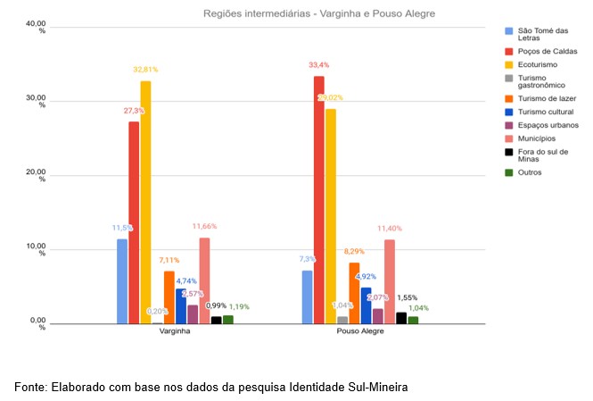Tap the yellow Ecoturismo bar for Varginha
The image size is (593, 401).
click(x=145, y=202)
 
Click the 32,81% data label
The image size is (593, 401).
click(x=148, y=69)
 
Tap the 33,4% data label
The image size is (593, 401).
click(x=319, y=65)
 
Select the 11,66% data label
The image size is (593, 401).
click(x=204, y=227)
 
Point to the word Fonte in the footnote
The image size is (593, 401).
click(x=31, y=388)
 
